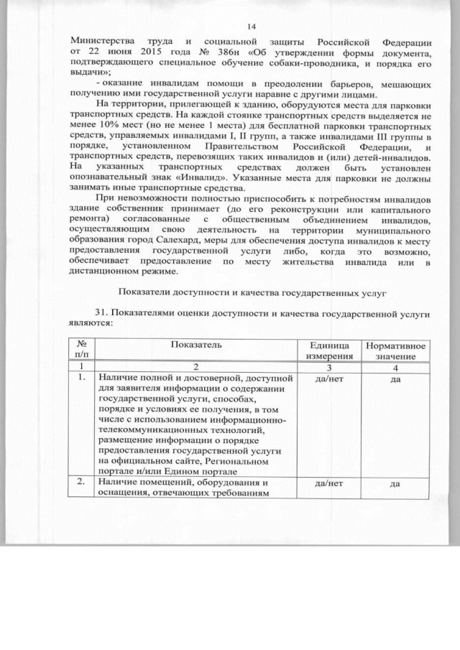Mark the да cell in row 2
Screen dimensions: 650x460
click(395, 484)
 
